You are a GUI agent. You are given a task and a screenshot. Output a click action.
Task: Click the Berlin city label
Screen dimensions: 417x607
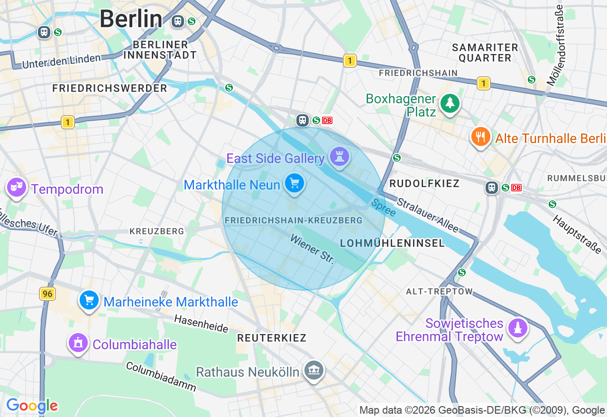pos(130,19)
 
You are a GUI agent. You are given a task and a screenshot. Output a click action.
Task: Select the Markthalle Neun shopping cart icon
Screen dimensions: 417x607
pos(294,183)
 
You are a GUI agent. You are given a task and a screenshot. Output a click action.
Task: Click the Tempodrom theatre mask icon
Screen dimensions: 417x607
pos(17,188)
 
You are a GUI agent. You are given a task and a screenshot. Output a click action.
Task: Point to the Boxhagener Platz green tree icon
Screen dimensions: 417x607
pos(450,103)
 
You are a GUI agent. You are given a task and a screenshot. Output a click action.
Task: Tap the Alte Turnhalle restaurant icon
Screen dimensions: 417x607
pos(481,137)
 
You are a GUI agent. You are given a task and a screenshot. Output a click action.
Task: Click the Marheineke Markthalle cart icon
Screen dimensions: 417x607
pos(89,300)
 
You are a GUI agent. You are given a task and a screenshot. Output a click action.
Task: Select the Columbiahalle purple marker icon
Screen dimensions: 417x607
pos(78,343)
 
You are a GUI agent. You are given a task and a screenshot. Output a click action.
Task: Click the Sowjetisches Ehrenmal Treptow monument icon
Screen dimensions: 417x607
pos(517,328)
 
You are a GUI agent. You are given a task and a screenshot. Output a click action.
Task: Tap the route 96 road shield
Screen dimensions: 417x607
pos(47,294)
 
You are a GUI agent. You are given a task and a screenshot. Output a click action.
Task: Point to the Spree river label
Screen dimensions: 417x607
pos(383,208)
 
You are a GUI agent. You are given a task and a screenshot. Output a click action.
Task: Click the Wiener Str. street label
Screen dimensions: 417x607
pos(313,249)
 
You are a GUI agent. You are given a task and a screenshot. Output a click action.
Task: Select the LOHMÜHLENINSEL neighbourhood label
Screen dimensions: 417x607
pos(393,243)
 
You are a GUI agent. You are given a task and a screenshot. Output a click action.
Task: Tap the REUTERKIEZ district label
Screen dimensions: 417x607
pos(272,338)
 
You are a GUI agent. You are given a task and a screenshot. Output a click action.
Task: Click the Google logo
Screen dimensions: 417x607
pos(32,406)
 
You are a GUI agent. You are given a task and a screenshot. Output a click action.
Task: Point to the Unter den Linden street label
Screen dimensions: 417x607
pos(62,61)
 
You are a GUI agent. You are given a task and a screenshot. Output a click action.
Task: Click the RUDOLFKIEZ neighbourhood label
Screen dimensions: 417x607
pos(424,183)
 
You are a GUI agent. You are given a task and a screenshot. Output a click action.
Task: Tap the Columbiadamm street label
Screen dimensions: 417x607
pos(161,377)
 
